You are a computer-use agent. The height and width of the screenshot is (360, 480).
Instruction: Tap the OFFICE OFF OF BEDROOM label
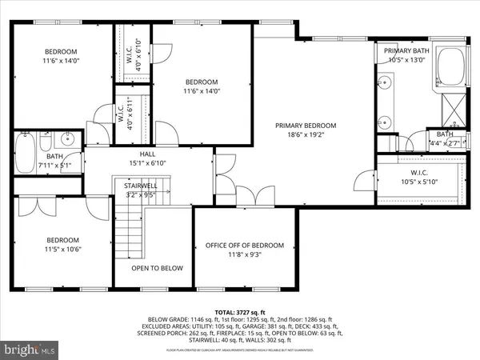coord(244,245)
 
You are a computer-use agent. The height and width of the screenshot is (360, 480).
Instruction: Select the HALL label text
coord(147,154)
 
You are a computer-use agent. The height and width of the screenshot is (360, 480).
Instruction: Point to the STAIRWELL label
coord(139,185)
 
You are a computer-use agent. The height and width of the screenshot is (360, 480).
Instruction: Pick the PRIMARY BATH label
coord(408,50)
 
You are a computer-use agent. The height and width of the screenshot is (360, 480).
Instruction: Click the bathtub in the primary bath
coord(449,71)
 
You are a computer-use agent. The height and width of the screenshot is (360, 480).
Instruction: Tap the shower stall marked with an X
coord(450,106)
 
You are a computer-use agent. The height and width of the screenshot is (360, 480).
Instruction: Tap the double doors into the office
coord(257,194)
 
